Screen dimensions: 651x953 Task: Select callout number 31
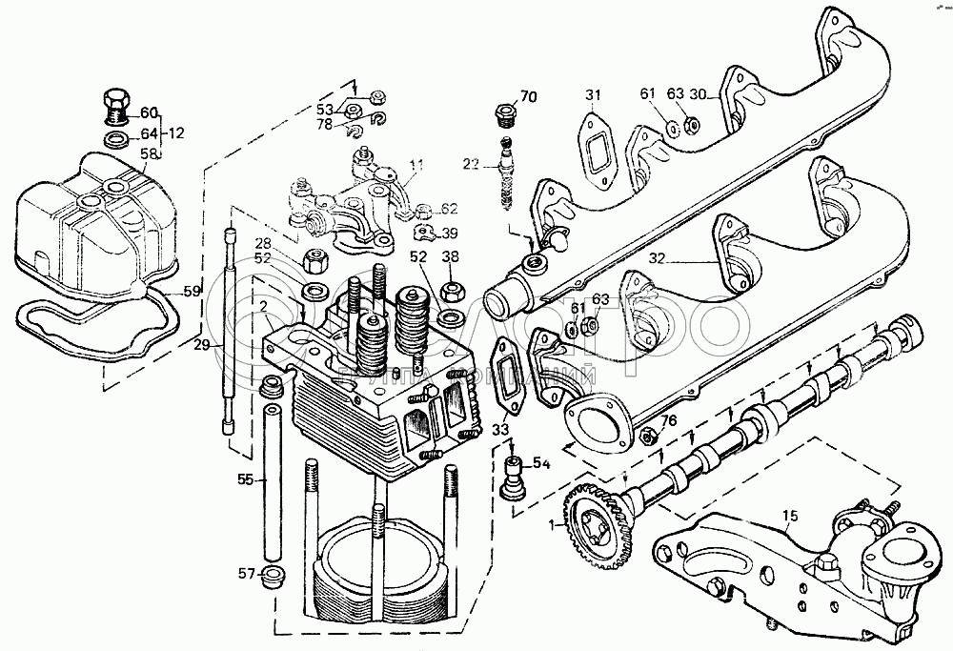pyautogui.click(x=594, y=93)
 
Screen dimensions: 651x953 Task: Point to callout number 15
pyautogui.click(x=789, y=518)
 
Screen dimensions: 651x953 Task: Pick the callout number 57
pyautogui.click(x=247, y=573)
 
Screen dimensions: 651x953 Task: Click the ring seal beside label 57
pyautogui.click(x=274, y=576)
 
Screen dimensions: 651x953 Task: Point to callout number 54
pyautogui.click(x=541, y=463)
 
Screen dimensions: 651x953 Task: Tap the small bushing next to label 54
pyautogui.click(x=515, y=474)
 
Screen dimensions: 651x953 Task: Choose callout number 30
pyautogui.click(x=699, y=94)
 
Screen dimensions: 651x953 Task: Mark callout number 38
pyautogui.click(x=451, y=255)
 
